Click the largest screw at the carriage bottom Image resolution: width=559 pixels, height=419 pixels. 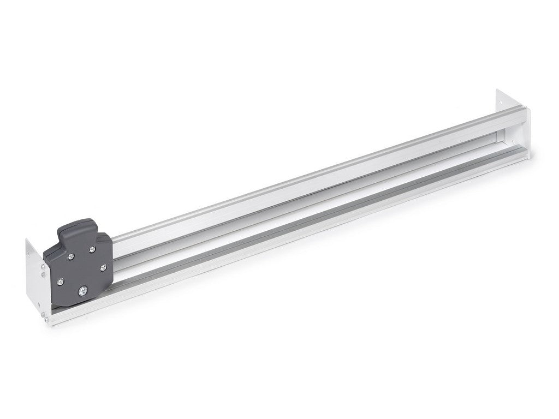coord(83,291)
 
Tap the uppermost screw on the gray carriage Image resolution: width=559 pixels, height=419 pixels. coord(92,249)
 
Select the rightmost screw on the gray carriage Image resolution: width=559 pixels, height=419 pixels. coord(103,267)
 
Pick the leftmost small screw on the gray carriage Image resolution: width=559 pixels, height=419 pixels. coord(61,281)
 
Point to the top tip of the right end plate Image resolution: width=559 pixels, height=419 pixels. coord(498,90)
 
